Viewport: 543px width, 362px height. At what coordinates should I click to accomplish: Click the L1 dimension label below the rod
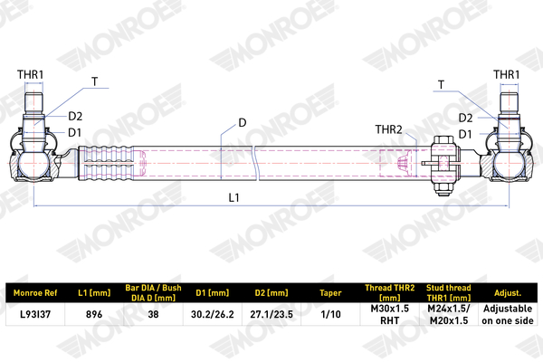click(x=234, y=197)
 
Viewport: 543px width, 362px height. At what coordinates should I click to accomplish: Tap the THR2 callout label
click(x=388, y=129)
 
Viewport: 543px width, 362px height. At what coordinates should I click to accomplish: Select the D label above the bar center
click(x=243, y=123)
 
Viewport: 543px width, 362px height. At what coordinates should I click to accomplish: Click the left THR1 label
click(x=31, y=74)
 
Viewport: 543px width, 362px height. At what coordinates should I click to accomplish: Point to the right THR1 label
click(x=506, y=74)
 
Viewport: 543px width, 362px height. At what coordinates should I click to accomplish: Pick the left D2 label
click(x=75, y=117)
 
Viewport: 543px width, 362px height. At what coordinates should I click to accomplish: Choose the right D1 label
click(x=465, y=134)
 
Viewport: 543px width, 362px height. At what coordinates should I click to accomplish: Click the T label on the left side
click(x=94, y=81)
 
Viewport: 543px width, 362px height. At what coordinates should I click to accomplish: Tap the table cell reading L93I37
click(x=35, y=314)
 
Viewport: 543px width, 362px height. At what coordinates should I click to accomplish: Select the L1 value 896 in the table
click(x=94, y=314)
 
